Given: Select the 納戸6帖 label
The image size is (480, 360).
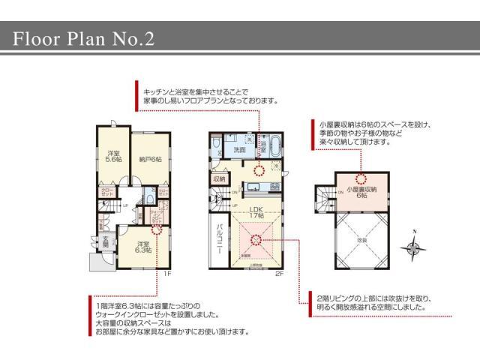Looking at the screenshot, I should coord(150,158).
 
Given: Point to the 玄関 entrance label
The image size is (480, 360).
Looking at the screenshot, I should coord(105,244).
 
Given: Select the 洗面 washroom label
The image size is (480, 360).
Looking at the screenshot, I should coord(239,151).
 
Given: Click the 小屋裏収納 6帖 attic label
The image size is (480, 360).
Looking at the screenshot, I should coord(362,190).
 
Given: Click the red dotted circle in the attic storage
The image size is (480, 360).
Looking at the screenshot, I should coord(361,178).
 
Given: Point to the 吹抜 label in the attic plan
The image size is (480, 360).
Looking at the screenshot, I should coord(361,239).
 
